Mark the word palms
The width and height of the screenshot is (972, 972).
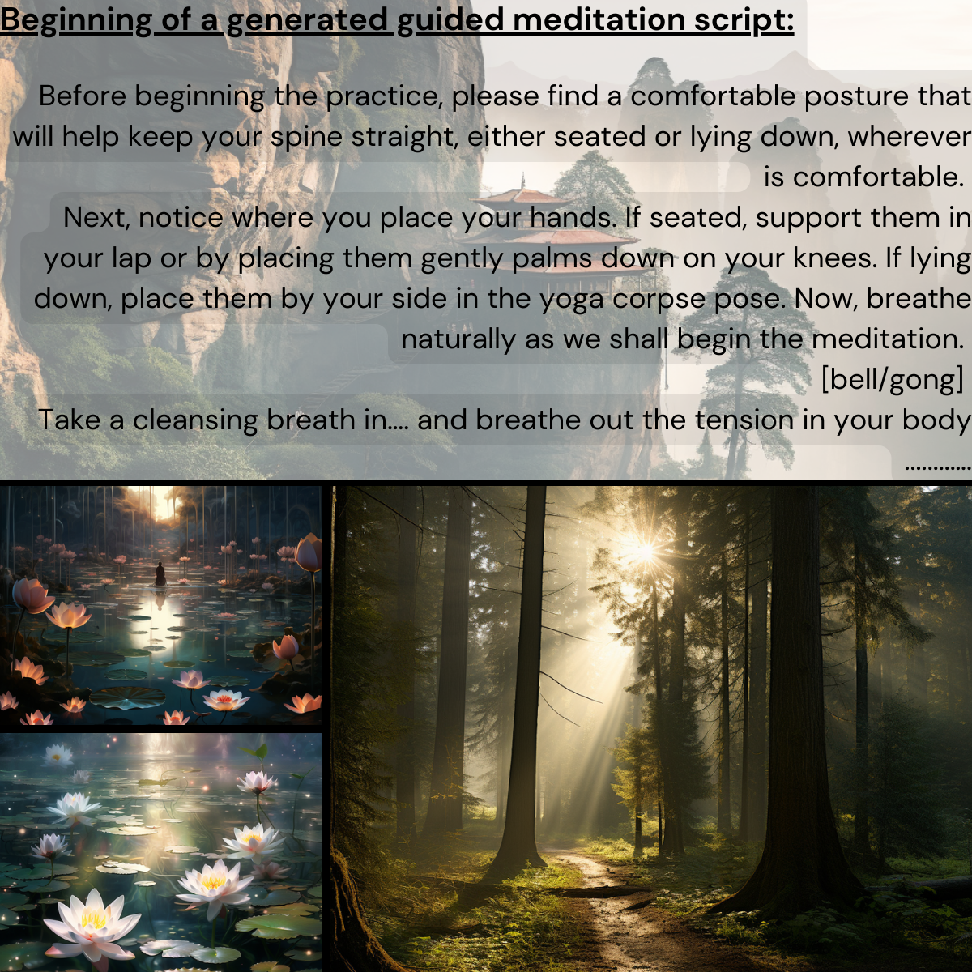click(x=553, y=258)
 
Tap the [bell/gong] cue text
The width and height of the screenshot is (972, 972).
click(x=892, y=380)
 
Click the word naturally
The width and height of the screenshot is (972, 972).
click(x=458, y=339)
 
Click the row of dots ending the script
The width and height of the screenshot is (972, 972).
click(x=937, y=467)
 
